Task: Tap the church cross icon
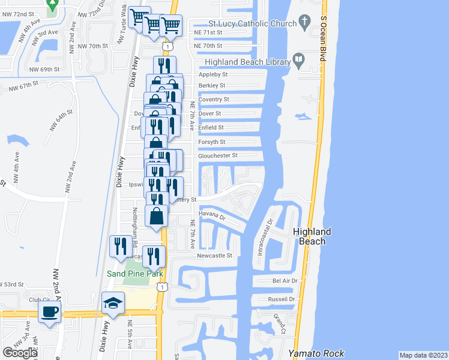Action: click(305, 23)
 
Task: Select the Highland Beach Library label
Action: click(247, 61)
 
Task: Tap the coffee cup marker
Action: click(49, 311)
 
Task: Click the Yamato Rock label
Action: click(310, 353)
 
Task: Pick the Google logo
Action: click(20, 353)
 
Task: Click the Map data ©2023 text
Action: click(423, 355)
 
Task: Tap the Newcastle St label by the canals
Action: click(215, 255)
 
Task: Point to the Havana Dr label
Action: click(212, 217)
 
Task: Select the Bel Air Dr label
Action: click(285, 280)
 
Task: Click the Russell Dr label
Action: click(283, 299)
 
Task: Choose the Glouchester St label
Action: click(218, 155)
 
